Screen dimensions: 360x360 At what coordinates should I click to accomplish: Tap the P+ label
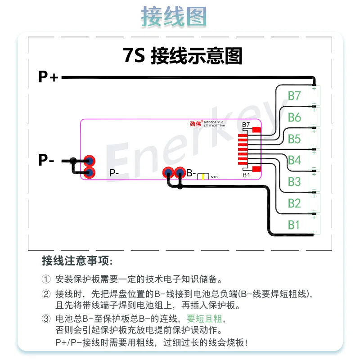tap(48, 77)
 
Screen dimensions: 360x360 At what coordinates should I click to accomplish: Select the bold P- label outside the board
tap(46, 160)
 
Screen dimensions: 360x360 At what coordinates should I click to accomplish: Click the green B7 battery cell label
tap(294, 96)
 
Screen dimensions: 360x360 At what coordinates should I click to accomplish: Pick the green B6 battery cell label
tap(294, 117)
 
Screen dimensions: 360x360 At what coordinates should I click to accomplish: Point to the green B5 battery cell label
tap(294, 139)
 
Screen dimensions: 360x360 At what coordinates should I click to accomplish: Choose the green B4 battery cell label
tap(294, 160)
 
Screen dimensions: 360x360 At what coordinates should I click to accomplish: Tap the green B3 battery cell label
tap(294, 181)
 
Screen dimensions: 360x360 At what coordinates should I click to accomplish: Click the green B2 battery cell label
tap(294, 203)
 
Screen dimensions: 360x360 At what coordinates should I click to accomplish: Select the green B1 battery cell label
tap(294, 224)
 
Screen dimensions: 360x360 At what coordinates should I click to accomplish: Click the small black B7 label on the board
tap(246, 125)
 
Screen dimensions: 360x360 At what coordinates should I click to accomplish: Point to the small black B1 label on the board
tap(246, 175)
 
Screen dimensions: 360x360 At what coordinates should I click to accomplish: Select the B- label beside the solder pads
tap(191, 173)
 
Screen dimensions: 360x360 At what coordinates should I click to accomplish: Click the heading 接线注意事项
tap(77, 261)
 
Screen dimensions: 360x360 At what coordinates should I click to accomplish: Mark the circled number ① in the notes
tap(47, 279)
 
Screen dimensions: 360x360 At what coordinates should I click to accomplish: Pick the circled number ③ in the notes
tap(47, 319)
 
